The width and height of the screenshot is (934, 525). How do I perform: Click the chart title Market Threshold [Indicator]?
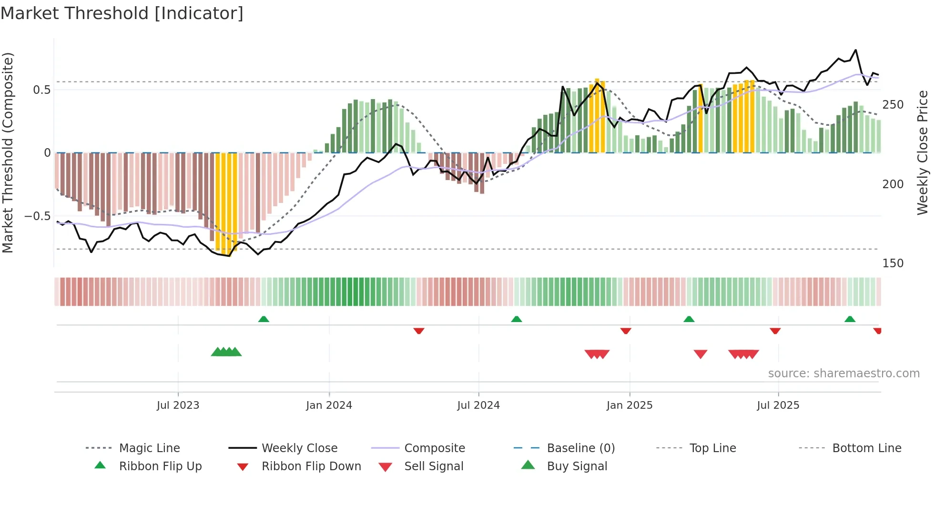click(x=122, y=13)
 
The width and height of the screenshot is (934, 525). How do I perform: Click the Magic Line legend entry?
click(x=149, y=448)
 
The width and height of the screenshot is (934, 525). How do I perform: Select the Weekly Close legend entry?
click(x=299, y=448)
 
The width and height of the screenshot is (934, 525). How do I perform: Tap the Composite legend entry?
click(x=435, y=448)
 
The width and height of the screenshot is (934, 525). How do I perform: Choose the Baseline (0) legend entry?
click(x=580, y=448)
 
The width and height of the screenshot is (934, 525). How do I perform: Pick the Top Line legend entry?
click(x=712, y=448)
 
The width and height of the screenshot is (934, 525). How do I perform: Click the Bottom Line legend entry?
click(x=866, y=448)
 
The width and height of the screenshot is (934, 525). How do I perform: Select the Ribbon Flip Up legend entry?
click(x=160, y=466)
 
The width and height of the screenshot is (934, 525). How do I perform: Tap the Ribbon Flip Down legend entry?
click(x=311, y=466)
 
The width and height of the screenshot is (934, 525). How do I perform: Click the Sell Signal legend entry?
click(x=434, y=466)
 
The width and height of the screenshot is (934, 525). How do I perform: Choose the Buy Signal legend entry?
click(x=577, y=466)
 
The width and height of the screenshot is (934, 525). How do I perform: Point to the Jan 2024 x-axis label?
click(x=329, y=405)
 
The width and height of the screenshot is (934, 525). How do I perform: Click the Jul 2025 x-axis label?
click(x=778, y=405)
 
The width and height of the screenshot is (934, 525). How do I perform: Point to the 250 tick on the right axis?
click(x=893, y=105)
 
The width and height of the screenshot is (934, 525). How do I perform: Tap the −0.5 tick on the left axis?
click(x=38, y=216)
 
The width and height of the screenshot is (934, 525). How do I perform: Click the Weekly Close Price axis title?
click(x=923, y=152)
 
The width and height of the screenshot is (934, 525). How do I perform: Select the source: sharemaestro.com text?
click(x=843, y=374)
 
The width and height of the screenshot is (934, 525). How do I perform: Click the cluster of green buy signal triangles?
click(x=226, y=352)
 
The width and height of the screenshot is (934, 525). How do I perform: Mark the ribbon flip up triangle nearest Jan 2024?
click(x=264, y=319)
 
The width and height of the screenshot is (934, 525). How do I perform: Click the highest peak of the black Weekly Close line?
click(x=856, y=50)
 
